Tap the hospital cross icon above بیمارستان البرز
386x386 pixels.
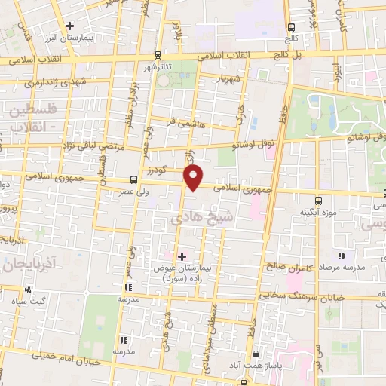[x=69, y=26]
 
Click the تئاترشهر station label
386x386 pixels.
[x=158, y=66]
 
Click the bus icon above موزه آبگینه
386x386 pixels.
[x=317, y=201]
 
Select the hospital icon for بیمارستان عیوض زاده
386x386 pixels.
[x=181, y=256]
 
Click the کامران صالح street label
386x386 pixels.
[x=288, y=265]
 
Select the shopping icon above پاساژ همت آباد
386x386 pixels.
[x=256, y=354]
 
